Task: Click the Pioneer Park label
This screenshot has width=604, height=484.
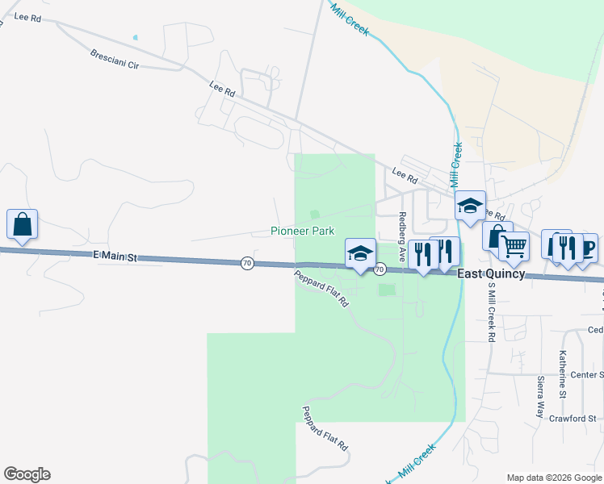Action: pos(302,231)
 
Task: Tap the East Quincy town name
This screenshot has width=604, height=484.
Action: pos(491,274)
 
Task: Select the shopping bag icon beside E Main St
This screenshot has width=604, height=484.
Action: pos(23,225)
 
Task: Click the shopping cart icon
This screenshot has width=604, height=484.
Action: pos(514,246)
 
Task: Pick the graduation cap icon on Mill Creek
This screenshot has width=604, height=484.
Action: pos(469,207)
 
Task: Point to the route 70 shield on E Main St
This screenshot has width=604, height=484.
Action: pos(247,263)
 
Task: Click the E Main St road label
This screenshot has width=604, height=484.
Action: pos(116,257)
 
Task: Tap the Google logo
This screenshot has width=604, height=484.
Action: pos(27,474)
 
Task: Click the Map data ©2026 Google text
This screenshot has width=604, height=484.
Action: pos(553,478)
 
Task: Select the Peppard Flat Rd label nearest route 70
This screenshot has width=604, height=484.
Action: pos(321,288)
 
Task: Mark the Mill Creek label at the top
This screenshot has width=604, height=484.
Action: pos(349,19)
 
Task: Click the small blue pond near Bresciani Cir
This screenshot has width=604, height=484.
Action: pos(135,37)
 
